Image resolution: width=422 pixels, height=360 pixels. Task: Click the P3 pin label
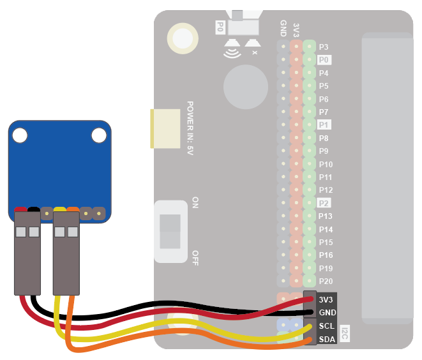pyautogui.click(x=324, y=47)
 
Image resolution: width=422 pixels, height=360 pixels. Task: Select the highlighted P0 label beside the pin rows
pyautogui.click(x=324, y=59)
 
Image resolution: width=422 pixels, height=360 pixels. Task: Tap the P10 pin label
pyautogui.click(x=325, y=164)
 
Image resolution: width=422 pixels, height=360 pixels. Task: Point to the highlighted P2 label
pyautogui.click(x=324, y=203)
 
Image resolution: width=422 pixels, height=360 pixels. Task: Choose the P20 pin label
pyautogui.click(x=325, y=281)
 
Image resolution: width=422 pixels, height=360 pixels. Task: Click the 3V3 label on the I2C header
pyautogui.click(x=326, y=299)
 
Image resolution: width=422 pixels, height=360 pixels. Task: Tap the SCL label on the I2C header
pyautogui.click(x=326, y=326)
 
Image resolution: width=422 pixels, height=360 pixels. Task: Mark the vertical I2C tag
pyautogui.click(x=345, y=333)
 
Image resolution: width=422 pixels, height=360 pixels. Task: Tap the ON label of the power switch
pyautogui.click(x=195, y=204)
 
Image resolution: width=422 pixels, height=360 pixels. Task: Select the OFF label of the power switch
pyautogui.click(x=195, y=257)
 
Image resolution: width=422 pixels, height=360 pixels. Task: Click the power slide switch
pyautogui.click(x=170, y=230)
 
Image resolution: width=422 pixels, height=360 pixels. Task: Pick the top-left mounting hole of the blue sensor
pyautogui.click(x=20, y=135)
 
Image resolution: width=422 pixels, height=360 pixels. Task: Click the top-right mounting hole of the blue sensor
pyautogui.click(x=98, y=135)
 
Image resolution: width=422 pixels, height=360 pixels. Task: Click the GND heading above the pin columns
pyautogui.click(x=283, y=28)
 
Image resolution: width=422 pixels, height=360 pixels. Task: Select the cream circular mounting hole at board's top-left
pyautogui.click(x=181, y=39)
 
